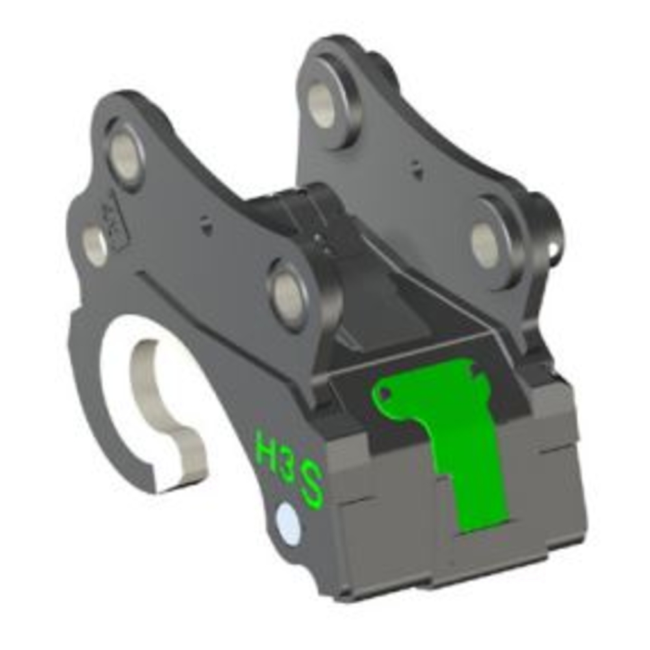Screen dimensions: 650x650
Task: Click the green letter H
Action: click(266, 448)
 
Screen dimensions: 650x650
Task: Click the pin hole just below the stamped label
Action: click(96, 246)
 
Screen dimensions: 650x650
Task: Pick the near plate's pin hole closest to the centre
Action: click(289, 296)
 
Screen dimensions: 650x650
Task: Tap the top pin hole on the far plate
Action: click(321, 105)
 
